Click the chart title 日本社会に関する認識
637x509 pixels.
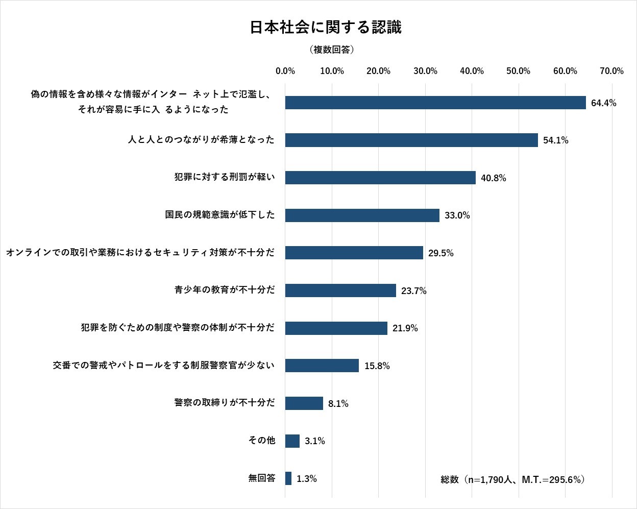coord(325,28)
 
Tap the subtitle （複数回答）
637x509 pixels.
coord(332,50)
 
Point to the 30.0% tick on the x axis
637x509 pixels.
coord(425,71)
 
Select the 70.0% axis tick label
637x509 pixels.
coord(611,71)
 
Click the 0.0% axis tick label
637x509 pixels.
coord(285,71)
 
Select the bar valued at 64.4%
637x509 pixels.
coord(435,103)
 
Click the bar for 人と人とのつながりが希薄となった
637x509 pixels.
coord(411,140)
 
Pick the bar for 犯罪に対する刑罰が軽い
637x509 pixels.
coord(380,178)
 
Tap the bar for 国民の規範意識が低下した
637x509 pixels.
coord(362,215)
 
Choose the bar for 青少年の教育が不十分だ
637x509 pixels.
coord(340,290)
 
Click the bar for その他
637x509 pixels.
coord(292,441)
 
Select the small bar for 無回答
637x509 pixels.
coord(288,478)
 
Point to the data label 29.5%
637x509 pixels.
coord(440,253)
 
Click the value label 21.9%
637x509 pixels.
coord(405,328)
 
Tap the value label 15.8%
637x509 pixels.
coord(377,366)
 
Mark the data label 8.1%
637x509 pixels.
coord(338,404)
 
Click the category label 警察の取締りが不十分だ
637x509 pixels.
coord(225,403)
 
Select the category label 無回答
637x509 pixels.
coord(262,478)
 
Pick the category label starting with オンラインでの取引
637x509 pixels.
coord(140,253)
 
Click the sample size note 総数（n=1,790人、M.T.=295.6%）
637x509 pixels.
coord(512,480)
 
